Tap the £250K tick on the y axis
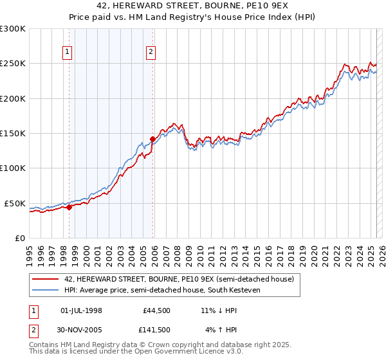click(x=12, y=64)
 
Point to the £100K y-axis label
click(x=12, y=168)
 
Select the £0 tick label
click(x=20, y=238)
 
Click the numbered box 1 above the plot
click(x=68, y=53)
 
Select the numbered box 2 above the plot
click(x=151, y=53)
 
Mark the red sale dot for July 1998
click(x=69, y=207)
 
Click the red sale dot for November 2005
click(x=153, y=139)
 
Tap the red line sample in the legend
click(x=47, y=279)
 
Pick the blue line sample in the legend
click(x=47, y=290)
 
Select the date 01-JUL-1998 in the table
click(x=81, y=310)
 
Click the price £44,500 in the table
click(x=156, y=310)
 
